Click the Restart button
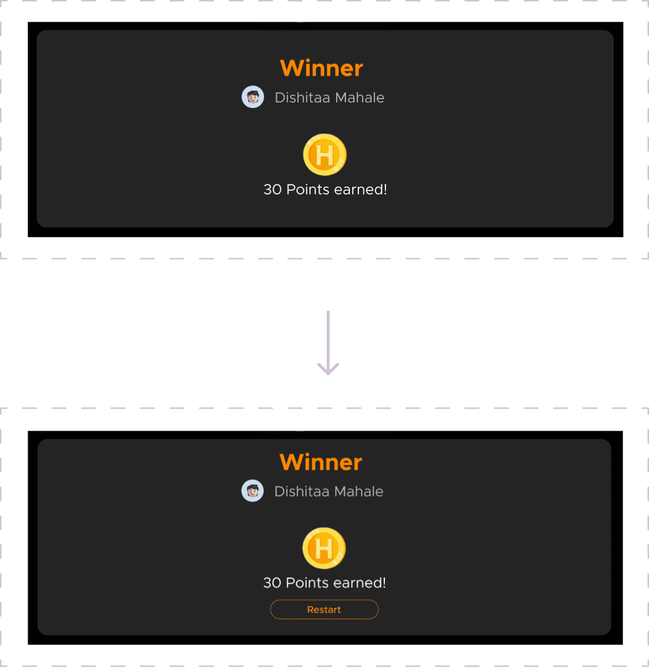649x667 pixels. point(324,609)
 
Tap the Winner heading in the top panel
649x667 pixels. point(322,68)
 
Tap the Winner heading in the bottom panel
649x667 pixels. point(321,462)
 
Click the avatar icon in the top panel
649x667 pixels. point(253,97)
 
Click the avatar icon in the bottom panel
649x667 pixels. point(253,491)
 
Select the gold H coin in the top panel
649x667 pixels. point(325,155)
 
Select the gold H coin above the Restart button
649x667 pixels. point(324,548)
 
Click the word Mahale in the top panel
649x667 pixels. point(359,98)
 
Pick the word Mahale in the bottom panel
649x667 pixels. point(359,491)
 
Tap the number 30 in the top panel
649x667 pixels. point(272,189)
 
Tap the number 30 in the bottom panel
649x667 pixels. point(272,583)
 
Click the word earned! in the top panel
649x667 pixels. point(361,189)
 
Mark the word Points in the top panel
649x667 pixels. point(308,189)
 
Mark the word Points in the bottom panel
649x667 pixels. point(308,583)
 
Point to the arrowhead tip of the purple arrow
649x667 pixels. point(328,374)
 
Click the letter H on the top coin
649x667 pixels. point(325,155)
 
